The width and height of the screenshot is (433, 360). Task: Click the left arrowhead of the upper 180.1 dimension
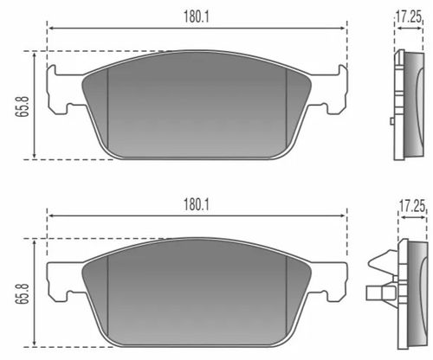(50, 27)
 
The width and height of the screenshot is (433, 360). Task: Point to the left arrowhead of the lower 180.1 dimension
(50, 216)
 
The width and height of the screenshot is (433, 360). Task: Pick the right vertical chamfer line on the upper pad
(287, 108)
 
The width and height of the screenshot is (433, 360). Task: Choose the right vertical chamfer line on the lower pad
(287, 299)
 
